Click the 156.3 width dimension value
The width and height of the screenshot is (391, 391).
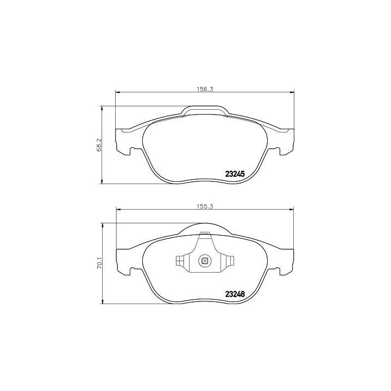[204, 89]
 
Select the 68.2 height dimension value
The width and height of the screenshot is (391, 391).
[98, 146]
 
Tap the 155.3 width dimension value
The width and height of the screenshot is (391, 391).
[204, 206]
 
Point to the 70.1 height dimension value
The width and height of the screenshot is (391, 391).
[99, 263]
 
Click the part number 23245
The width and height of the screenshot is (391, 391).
[235, 174]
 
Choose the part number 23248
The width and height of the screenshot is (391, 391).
[235, 294]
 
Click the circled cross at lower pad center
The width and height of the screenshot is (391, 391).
[205, 261]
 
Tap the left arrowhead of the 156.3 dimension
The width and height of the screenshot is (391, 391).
[117, 92]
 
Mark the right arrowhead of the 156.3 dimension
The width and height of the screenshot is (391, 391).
[292, 92]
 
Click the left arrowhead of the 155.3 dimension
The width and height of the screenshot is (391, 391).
[119, 210]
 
